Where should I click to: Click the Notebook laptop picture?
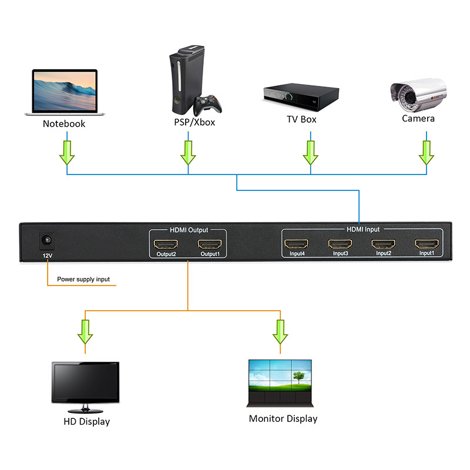pyautogui.click(x=63, y=92)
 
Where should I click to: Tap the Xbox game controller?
pyautogui.click(x=209, y=106)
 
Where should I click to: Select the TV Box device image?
pyautogui.click(x=300, y=96)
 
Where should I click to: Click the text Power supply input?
pyautogui.click(x=83, y=279)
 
